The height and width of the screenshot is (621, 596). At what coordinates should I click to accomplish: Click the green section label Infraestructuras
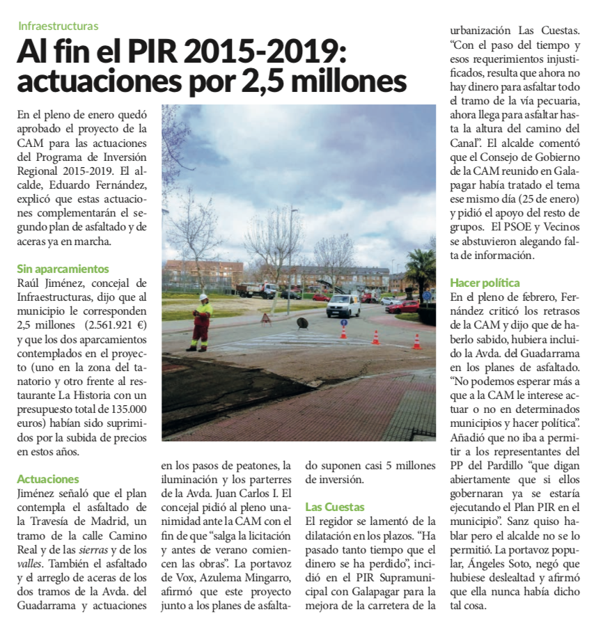click(x=58, y=26)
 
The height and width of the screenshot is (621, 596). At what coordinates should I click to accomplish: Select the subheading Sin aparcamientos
click(x=63, y=269)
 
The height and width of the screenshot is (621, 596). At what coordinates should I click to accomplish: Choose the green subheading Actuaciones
click(x=48, y=479)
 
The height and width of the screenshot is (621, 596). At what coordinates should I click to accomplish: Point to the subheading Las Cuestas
click(x=336, y=507)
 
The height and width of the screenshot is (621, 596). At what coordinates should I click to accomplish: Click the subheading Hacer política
click(x=485, y=283)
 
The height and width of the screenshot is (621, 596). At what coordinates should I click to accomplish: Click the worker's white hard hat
click(x=203, y=297)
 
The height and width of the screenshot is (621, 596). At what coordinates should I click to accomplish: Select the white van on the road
click(x=343, y=305)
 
